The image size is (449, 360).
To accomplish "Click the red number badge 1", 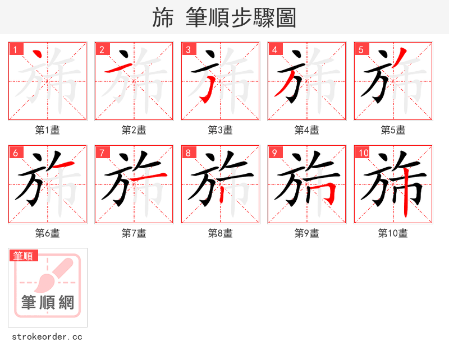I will click(x=15, y=49).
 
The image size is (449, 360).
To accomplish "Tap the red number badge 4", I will click(x=274, y=49).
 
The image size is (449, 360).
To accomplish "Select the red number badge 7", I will click(x=102, y=153).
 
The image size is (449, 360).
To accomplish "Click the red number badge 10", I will click(x=363, y=153).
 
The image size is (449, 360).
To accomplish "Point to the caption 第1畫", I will click(x=47, y=130).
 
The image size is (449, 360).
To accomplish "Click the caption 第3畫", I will click(x=220, y=130).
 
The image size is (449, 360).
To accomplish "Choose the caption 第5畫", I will click(x=393, y=130).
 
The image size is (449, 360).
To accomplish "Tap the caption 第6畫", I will click(x=47, y=233).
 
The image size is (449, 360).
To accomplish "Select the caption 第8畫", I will click(x=220, y=233).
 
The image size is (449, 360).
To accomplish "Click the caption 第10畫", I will click(x=393, y=233).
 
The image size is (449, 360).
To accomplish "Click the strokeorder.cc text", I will click(x=47, y=337).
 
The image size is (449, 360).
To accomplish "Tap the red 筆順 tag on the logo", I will click(x=24, y=256).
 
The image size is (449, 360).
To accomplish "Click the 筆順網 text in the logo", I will click(x=48, y=303).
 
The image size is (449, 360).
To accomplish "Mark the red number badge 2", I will click(x=102, y=49).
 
